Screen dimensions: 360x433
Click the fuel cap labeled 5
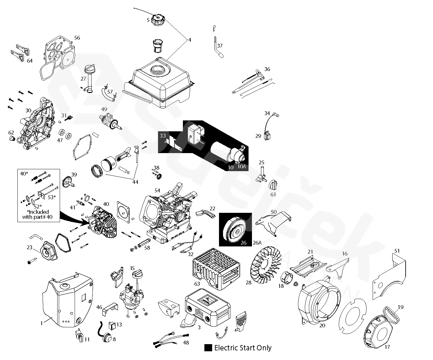click(x=158, y=21)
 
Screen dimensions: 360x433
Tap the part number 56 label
click(x=77, y=38)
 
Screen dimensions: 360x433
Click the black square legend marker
click(x=208, y=348)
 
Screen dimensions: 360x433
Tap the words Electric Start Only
click(x=243, y=348)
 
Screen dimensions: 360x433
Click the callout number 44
click(x=135, y=182)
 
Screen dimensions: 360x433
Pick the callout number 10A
click(x=242, y=167)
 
